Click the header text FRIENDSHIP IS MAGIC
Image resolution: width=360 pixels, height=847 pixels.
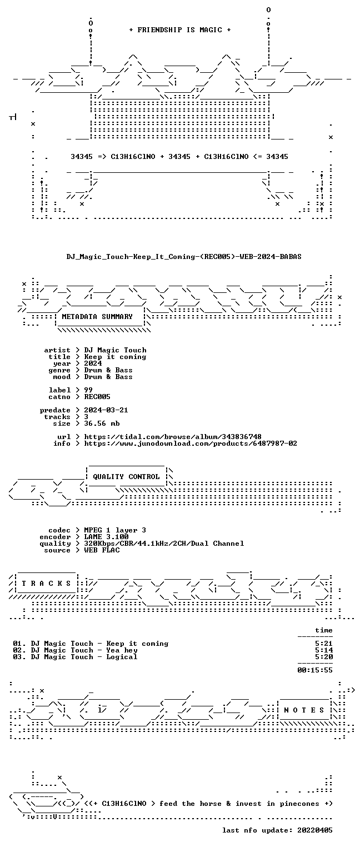click(179, 30)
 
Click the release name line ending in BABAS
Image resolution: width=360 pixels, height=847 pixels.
click(184, 257)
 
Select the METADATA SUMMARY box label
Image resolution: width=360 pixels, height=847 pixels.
click(97, 316)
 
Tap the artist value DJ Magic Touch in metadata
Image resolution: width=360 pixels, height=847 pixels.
click(115, 350)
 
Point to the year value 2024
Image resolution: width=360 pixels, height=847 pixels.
click(93, 363)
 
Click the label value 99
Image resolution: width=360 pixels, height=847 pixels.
click(88, 390)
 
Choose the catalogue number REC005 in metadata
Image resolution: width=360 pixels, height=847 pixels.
click(97, 397)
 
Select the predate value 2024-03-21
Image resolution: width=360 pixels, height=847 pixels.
click(106, 410)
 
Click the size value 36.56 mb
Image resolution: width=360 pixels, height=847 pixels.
click(102, 423)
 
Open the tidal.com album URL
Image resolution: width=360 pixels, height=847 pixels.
click(172, 437)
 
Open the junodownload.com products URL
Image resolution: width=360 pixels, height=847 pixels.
click(190, 443)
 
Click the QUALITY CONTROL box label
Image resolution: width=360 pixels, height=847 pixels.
click(126, 476)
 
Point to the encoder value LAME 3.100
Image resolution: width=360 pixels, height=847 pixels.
click(106, 536)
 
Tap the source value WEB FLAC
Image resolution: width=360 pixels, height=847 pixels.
click(102, 550)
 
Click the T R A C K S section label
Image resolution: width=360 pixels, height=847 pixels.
click(46, 583)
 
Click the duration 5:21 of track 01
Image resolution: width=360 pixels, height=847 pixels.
click(324, 644)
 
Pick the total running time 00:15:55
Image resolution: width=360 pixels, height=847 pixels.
click(315, 670)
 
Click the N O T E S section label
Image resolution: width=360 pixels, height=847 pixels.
click(304, 710)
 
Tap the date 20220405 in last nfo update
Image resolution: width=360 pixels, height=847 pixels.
click(315, 830)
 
